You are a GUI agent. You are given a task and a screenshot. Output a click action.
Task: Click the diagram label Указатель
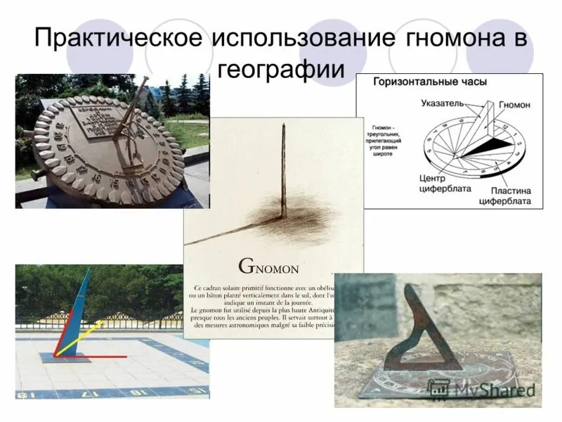(x=443, y=104)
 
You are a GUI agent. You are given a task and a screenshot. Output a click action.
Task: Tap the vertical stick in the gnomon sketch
(x=284, y=169)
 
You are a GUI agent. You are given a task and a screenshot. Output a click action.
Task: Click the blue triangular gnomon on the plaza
(x=79, y=309)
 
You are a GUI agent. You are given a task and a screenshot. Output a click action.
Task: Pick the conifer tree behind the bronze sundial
(x=169, y=98)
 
